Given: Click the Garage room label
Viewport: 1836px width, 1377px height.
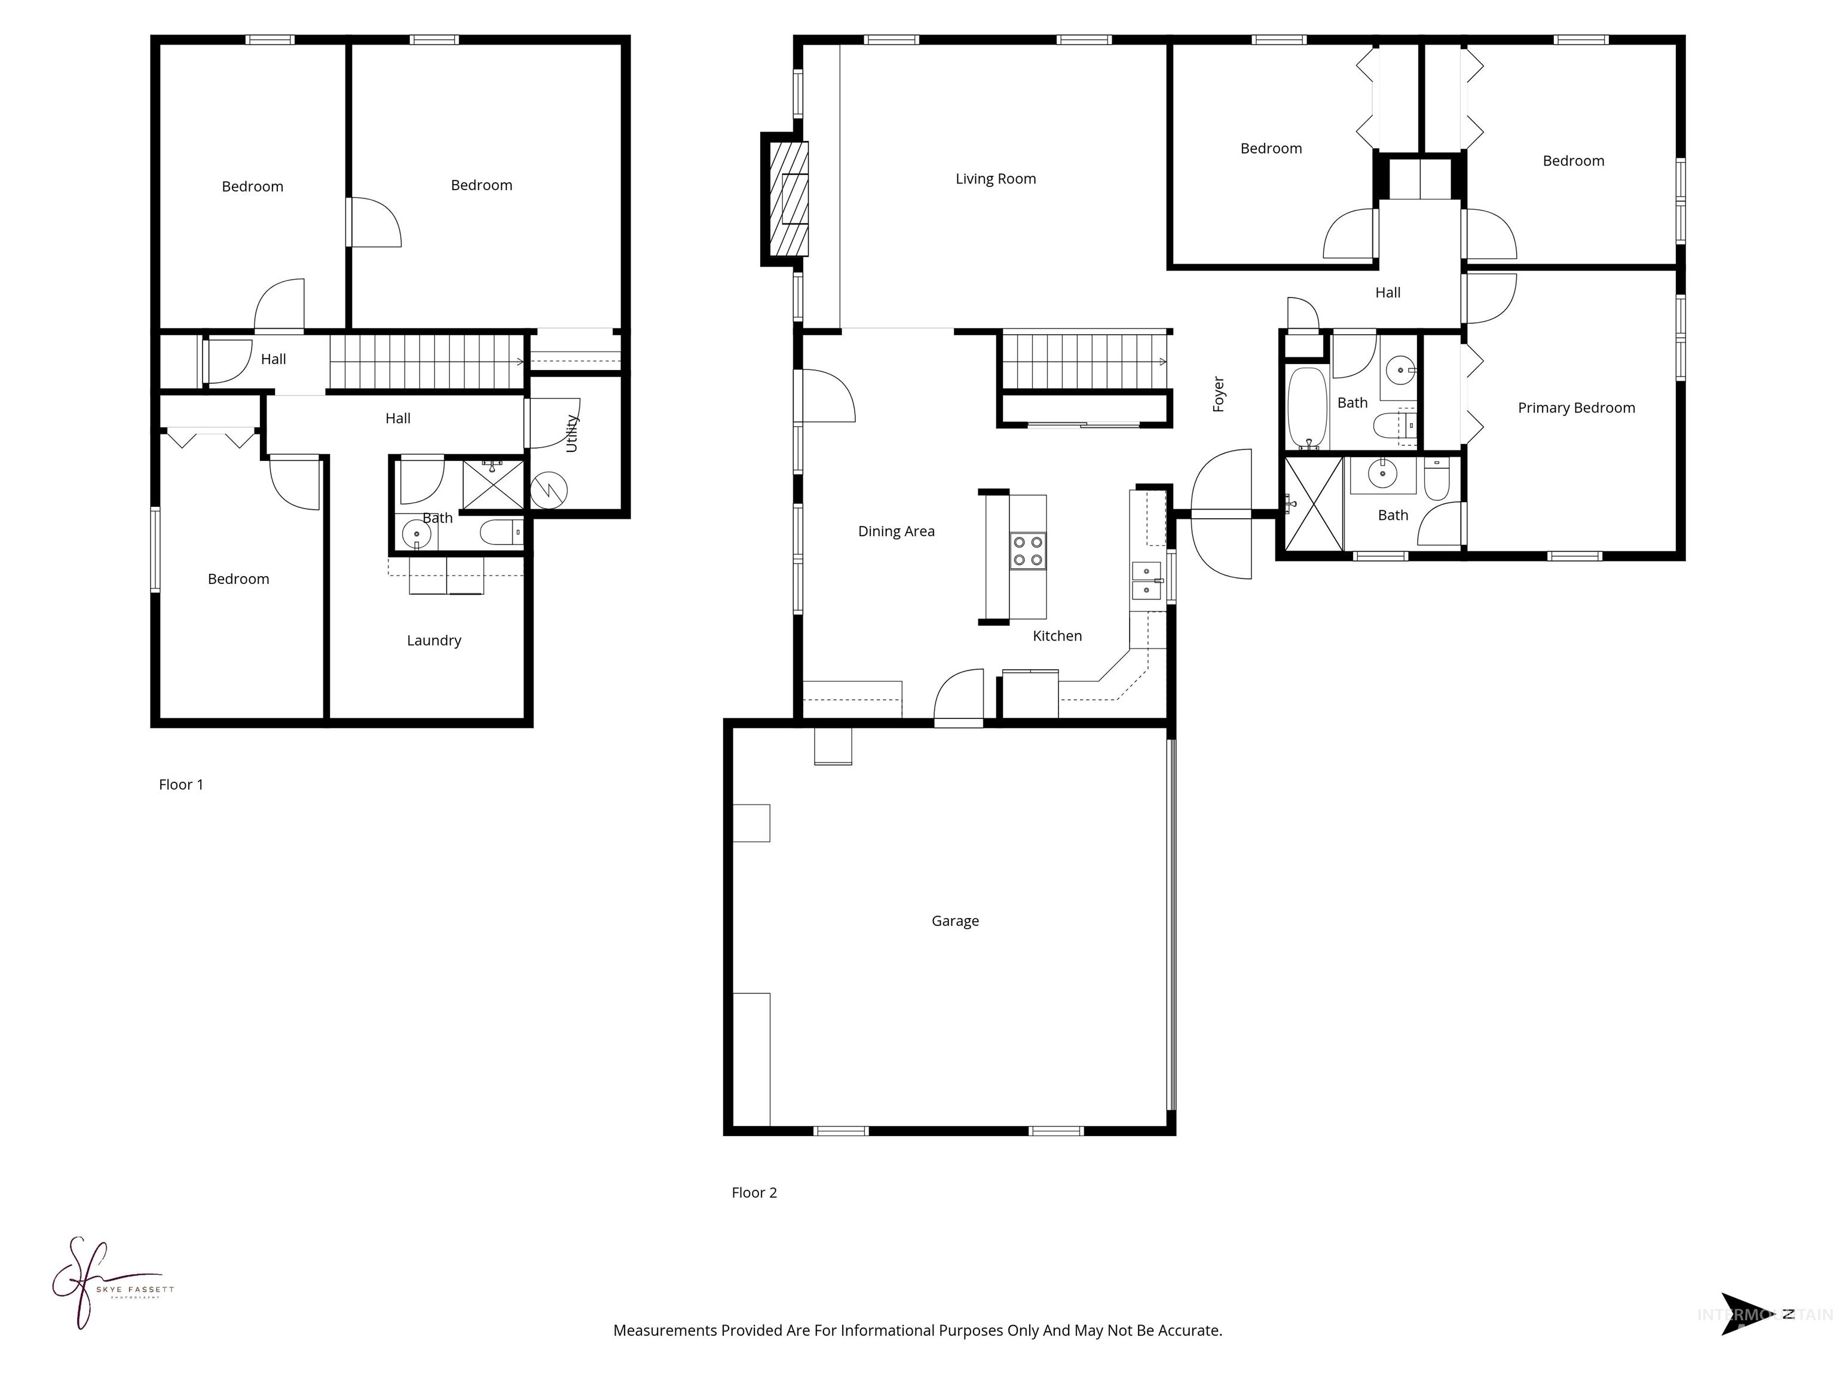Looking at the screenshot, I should coord(954,920).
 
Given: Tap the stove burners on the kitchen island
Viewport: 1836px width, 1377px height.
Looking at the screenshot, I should coord(1027,551).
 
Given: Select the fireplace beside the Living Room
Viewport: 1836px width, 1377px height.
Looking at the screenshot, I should coord(788,199).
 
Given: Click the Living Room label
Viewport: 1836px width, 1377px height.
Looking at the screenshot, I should coord(995,179).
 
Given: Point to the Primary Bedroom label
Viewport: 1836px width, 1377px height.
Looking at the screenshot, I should coord(1575,408).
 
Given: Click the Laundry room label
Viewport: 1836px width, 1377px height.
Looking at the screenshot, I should coord(433,640).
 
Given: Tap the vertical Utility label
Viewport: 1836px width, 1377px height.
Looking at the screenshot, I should coord(571,433).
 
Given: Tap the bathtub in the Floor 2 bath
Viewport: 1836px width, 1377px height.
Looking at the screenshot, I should coord(1307,408).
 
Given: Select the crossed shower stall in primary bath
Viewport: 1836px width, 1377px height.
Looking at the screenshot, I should coord(1313,504).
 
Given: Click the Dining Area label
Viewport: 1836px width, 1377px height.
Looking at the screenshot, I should coord(896,531).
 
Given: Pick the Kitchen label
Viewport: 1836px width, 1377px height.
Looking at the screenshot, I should coord(1057,636).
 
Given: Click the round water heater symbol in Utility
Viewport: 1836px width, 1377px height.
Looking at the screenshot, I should coord(548,489).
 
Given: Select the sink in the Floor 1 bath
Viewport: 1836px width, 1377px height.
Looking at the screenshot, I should coord(416,534).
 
